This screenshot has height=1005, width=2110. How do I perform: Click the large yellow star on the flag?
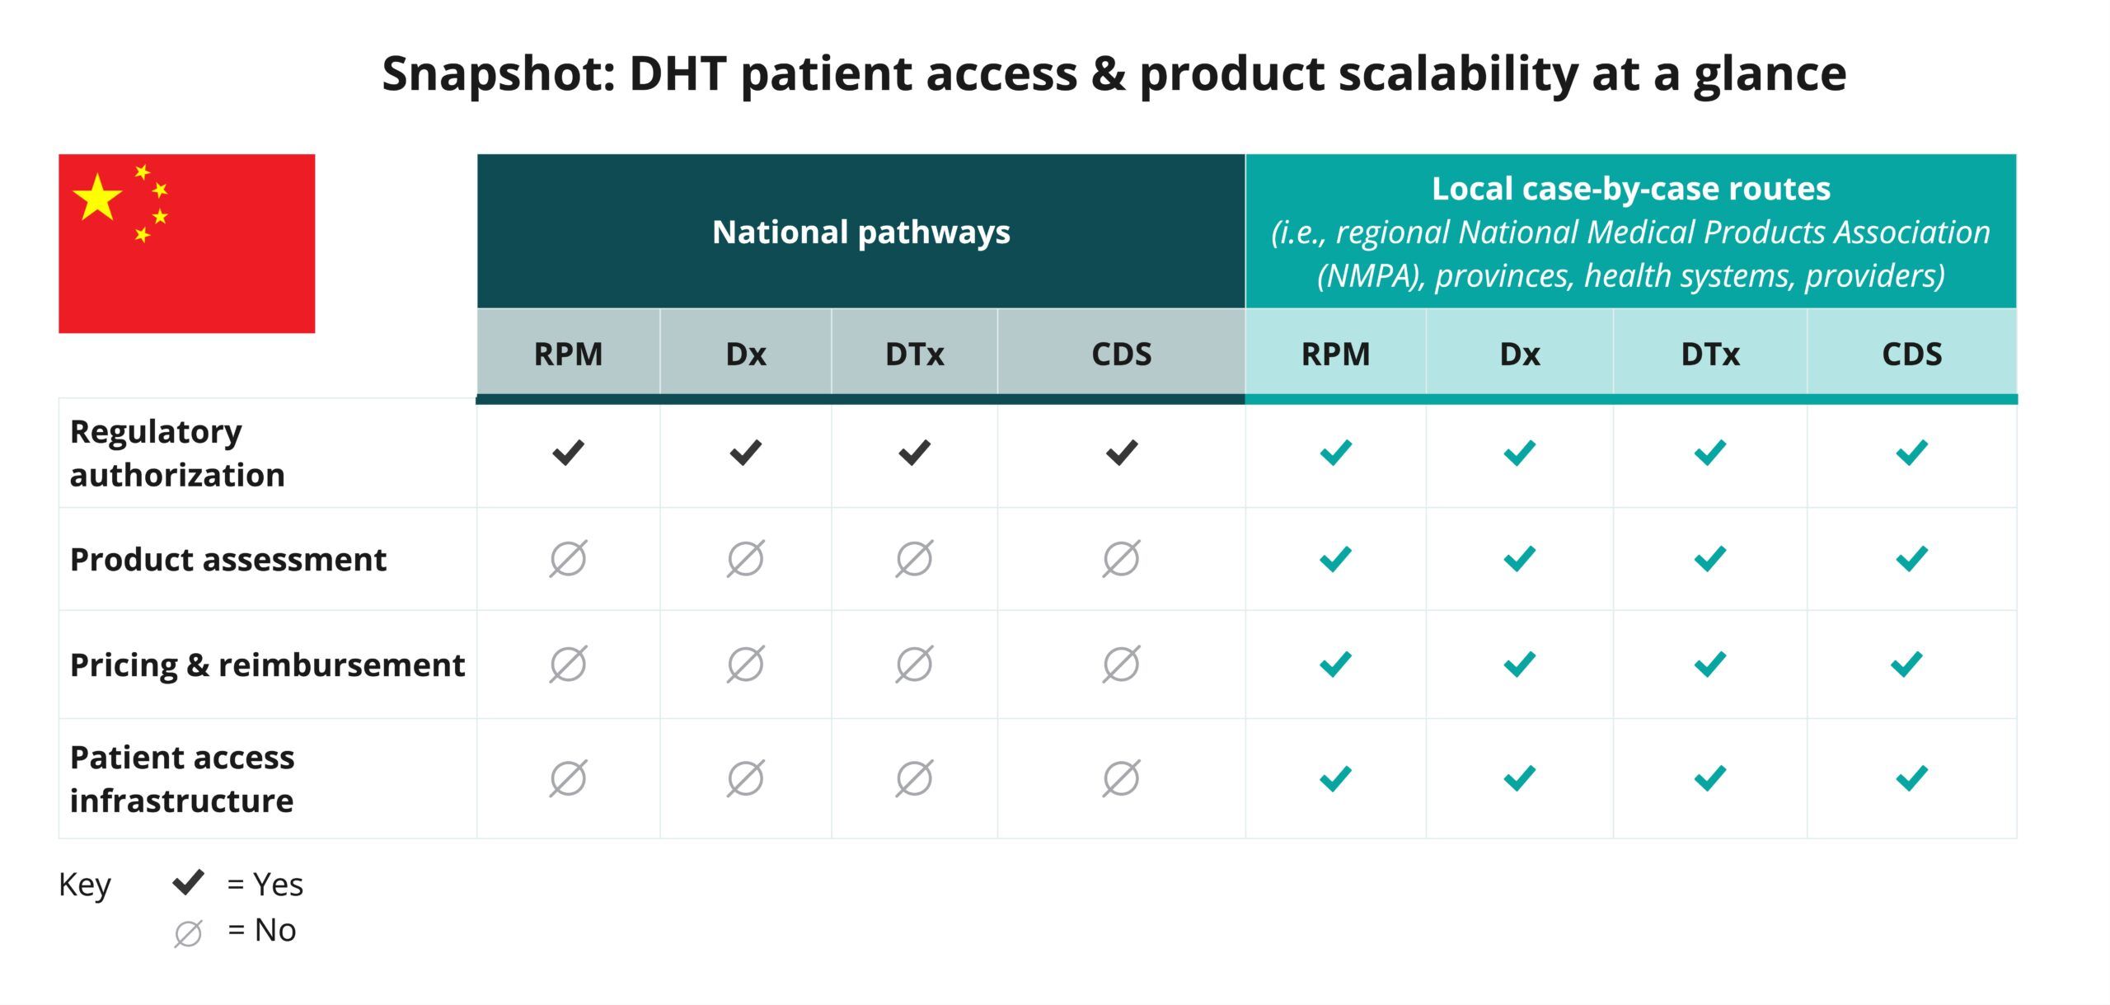[97, 197]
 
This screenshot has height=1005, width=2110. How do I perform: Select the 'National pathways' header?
[861, 232]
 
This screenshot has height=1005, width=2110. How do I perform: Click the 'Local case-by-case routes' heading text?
[1631, 189]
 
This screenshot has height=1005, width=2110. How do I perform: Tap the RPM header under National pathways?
[568, 355]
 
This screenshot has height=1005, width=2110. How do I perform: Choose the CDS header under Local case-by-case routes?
[1912, 355]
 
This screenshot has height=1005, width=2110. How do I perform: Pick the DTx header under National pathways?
[915, 355]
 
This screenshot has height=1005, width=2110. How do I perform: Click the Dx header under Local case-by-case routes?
[1520, 355]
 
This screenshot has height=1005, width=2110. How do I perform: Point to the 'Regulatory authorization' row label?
[177, 453]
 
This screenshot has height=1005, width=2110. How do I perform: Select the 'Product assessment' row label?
[228, 560]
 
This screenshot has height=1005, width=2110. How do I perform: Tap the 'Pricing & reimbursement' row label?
[268, 665]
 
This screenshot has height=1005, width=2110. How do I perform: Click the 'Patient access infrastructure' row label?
[182, 779]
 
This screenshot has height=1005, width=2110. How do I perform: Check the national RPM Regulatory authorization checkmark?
[568, 453]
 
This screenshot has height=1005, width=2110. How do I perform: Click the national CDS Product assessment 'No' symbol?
[1122, 559]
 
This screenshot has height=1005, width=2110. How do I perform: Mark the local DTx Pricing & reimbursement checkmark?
[1710, 665]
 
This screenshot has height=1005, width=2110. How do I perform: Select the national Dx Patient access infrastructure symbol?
[746, 778]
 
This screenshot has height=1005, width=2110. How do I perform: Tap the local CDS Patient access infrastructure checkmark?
[1912, 778]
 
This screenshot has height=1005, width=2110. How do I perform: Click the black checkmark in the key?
[189, 882]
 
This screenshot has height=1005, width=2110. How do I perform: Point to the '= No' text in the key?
[262, 930]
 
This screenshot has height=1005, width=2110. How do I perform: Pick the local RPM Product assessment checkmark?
[1335, 559]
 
